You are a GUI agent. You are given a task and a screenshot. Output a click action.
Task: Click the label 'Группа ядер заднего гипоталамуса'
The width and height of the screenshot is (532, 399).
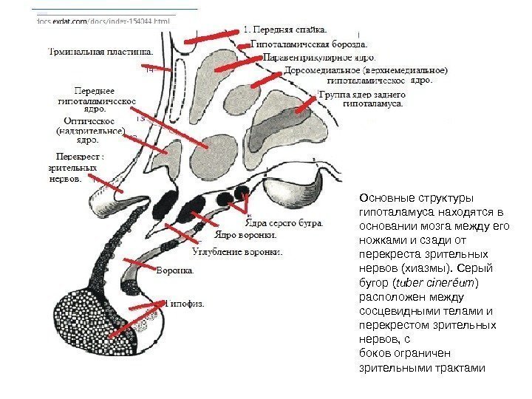[362, 99]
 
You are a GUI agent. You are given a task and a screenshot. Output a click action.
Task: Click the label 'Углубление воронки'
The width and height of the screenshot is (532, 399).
[236, 251]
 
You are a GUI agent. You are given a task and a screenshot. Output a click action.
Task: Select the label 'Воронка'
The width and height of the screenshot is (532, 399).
[176, 270]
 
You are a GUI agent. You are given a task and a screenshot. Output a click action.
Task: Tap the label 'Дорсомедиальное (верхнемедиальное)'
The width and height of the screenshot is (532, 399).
[365, 71]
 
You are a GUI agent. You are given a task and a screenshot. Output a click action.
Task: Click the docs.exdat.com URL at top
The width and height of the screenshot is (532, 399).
[103, 21]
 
